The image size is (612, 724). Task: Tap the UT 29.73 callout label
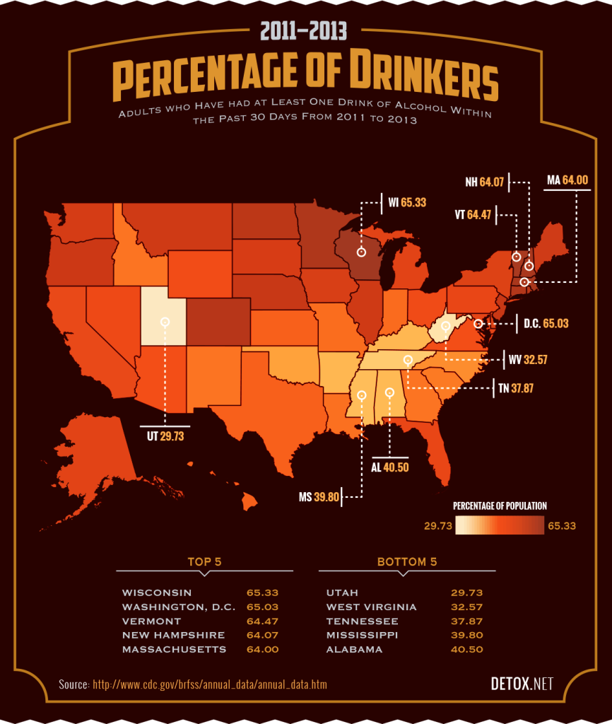pos(165,436)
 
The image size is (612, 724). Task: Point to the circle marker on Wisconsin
pos(361,252)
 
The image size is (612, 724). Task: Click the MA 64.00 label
pos(567,180)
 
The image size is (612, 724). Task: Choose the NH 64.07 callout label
pos(484,182)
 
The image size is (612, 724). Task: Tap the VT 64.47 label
pos(473,214)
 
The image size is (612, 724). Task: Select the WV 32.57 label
pos(528,360)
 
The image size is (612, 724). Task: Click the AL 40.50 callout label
pos(390,467)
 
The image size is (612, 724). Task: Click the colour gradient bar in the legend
pos(500,526)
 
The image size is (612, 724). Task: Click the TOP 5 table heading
pos(204,562)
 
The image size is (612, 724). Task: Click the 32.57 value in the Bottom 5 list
pos(466,607)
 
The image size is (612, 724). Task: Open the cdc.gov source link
pos(210,684)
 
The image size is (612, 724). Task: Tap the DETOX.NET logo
pos(522,684)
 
